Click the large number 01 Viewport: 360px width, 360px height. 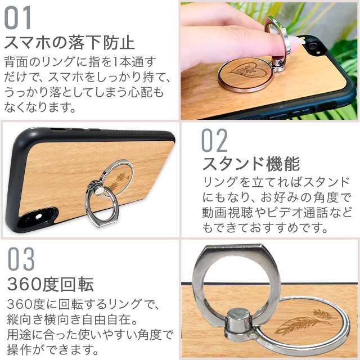coord(17,17)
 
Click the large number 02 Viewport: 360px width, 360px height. coord(214,140)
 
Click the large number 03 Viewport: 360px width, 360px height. coord(21,259)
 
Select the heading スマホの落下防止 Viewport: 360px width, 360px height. coord(69,43)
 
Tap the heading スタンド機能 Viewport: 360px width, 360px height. coord(251,164)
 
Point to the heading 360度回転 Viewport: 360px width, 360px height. coord(51,285)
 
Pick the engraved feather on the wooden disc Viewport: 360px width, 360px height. coord(306,321)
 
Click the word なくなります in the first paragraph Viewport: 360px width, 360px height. coord(40,107)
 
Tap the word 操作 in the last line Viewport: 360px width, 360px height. coord(19,350)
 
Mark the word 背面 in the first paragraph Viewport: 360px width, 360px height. coord(16,61)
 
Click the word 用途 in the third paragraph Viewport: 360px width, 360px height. coord(19,335)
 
